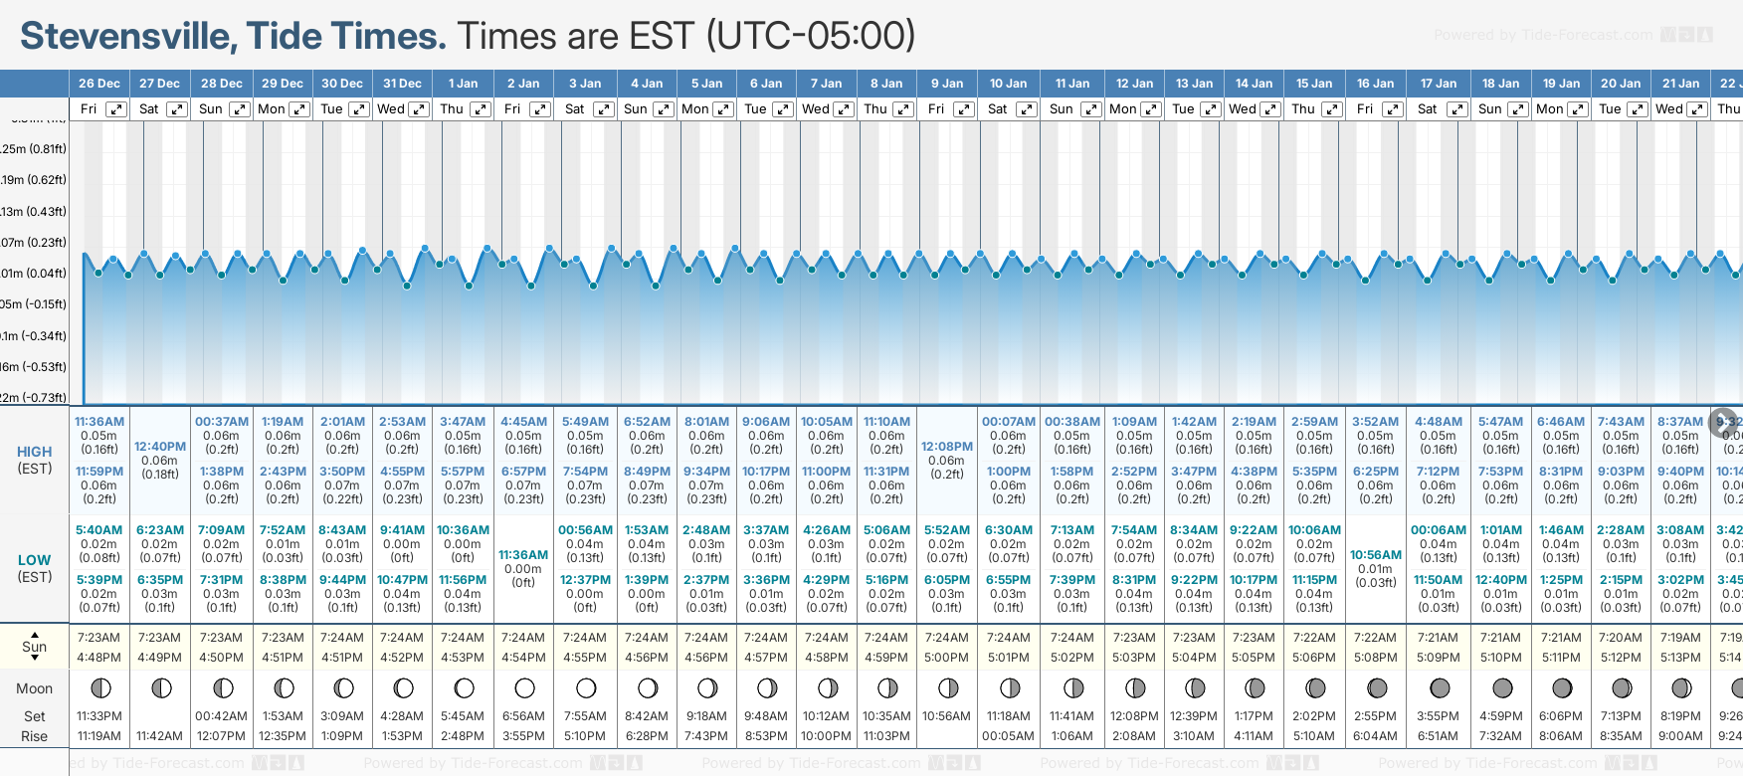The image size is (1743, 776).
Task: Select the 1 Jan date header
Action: point(463,84)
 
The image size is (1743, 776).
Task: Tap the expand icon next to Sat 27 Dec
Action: point(177,109)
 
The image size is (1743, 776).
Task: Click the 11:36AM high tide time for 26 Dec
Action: point(99,422)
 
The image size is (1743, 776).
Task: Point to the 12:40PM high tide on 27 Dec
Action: point(160,447)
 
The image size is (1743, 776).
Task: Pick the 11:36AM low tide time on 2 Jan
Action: point(523,555)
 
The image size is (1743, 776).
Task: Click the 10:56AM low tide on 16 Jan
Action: point(1376,555)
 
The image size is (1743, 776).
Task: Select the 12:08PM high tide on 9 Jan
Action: point(946,447)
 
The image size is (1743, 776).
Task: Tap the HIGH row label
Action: point(35,452)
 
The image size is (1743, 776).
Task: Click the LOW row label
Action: point(35,560)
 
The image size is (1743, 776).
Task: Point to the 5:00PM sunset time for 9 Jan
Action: point(946,658)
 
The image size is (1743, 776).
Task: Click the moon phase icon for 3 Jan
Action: point(586,688)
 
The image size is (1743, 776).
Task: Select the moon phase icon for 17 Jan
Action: point(1439,688)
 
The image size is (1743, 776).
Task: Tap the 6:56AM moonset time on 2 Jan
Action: point(523,716)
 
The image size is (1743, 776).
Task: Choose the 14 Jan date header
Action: point(1255,84)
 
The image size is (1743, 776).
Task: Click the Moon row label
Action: point(35,688)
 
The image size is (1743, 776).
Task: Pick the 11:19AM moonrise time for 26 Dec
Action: point(99,736)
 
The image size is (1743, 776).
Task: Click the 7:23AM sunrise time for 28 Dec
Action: point(221,638)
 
